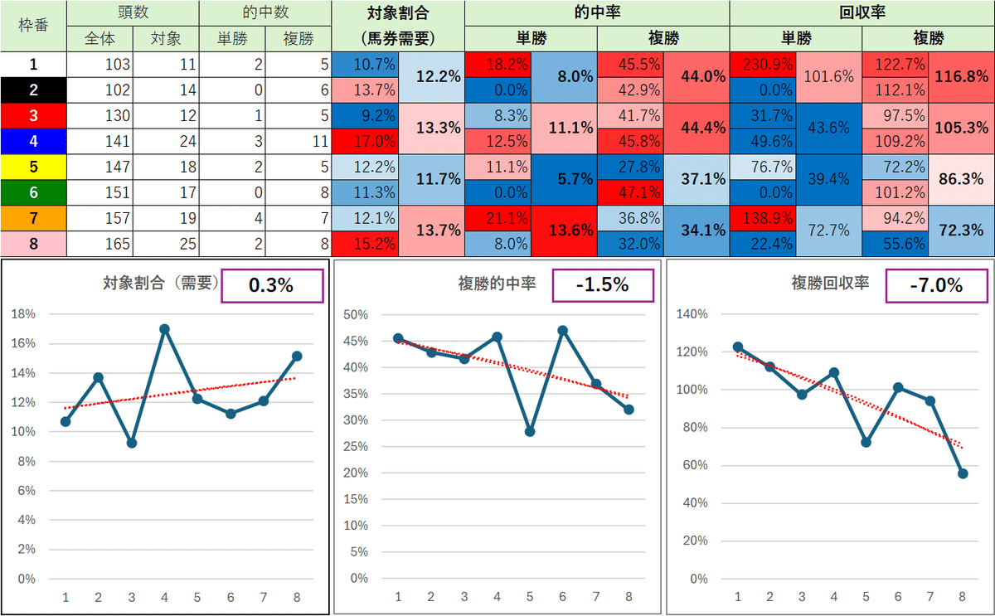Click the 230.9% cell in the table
tap(763, 64)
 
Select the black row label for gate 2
tap(33, 90)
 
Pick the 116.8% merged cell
tap(962, 76)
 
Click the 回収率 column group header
tap(862, 12)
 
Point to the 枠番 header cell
tap(33, 25)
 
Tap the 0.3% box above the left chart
tap(271, 286)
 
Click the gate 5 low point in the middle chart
tap(530, 432)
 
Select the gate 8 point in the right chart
tap(963, 473)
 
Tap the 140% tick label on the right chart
tap(692, 314)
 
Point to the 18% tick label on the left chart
tap(24, 314)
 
